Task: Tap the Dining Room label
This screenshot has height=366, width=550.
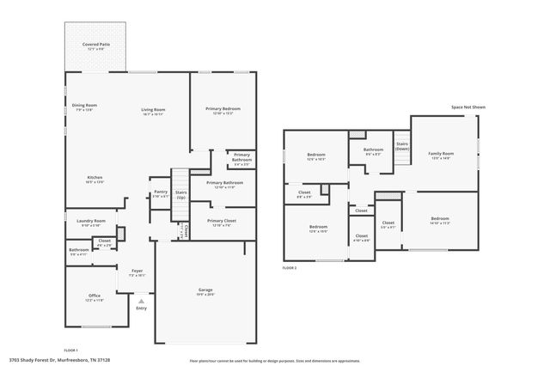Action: tap(83, 106)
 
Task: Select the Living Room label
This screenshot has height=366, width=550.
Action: tap(154, 109)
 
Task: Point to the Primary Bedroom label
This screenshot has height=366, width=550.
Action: tap(223, 109)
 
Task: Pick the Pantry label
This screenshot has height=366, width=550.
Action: tap(161, 192)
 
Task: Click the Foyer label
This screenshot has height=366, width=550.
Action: tap(137, 271)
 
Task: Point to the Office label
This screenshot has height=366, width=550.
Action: tap(95, 296)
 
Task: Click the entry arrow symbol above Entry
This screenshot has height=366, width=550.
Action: tap(142, 301)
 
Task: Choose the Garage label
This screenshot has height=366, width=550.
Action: tap(204, 291)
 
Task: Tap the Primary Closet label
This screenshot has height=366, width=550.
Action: tap(223, 222)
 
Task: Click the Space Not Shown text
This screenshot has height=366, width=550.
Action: tap(468, 107)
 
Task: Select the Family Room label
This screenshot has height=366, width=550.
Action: tap(441, 155)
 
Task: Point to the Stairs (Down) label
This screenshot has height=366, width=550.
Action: tap(401, 146)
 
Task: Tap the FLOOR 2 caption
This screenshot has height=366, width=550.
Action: tap(290, 269)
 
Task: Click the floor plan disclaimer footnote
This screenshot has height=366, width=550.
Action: tap(275, 361)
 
